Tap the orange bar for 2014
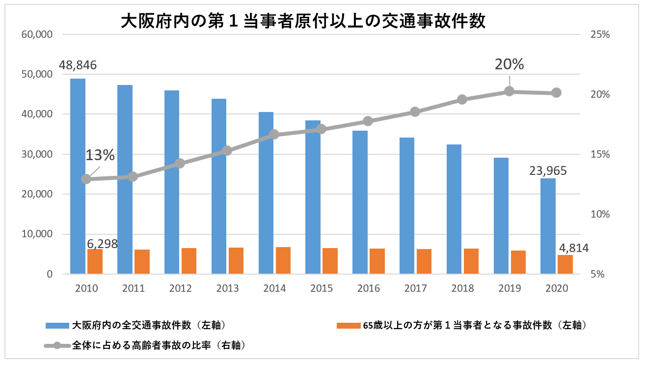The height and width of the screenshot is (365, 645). pyautogui.click(x=283, y=260)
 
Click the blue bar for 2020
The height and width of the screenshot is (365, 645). pyautogui.click(x=548, y=226)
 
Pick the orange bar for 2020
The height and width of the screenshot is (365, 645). pyautogui.click(x=565, y=264)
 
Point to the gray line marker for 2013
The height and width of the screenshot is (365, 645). pyautogui.click(x=227, y=151)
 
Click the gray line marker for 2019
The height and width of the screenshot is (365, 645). pyautogui.click(x=509, y=91)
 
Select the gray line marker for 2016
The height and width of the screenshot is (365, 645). pyautogui.click(x=368, y=121)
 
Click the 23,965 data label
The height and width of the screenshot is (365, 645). pyautogui.click(x=548, y=171)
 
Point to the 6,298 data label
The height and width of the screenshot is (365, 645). pyautogui.click(x=102, y=244)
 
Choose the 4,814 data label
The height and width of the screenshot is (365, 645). pyautogui.click(x=573, y=248)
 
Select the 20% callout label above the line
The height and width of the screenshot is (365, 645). pyautogui.click(x=509, y=64)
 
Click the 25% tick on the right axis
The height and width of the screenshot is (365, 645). pyautogui.click(x=600, y=35)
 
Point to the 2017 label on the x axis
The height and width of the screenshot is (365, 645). pyautogui.click(x=415, y=289)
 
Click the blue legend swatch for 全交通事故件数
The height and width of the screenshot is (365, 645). pyautogui.click(x=57, y=325)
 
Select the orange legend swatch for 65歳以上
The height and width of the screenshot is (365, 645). pyautogui.click(x=348, y=325)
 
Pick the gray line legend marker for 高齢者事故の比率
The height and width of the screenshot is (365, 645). pyautogui.click(x=57, y=346)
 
